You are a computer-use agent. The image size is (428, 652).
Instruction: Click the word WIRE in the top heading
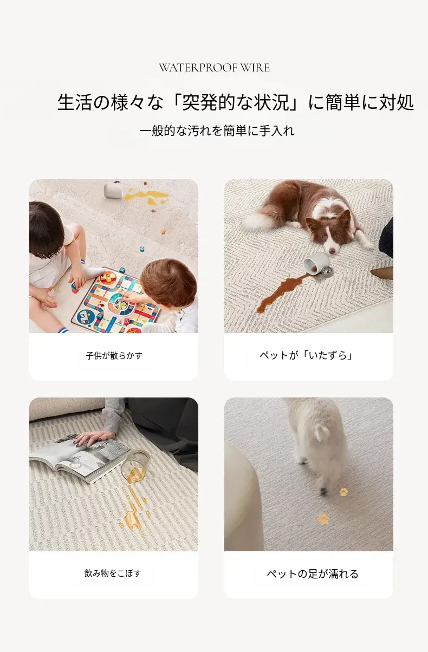255,68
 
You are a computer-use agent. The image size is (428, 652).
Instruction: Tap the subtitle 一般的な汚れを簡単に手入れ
217,131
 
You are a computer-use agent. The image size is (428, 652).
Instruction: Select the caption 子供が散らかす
114,355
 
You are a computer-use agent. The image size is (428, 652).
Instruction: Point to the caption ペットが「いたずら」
306,355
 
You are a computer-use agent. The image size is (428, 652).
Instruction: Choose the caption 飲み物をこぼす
113,573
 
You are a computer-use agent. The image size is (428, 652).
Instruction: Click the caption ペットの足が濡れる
313,573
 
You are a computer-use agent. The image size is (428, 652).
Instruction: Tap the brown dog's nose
332,250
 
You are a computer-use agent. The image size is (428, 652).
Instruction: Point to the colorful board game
116,300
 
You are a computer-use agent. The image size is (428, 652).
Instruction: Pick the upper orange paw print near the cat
343,492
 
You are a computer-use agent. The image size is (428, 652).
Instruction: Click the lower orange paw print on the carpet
323,519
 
